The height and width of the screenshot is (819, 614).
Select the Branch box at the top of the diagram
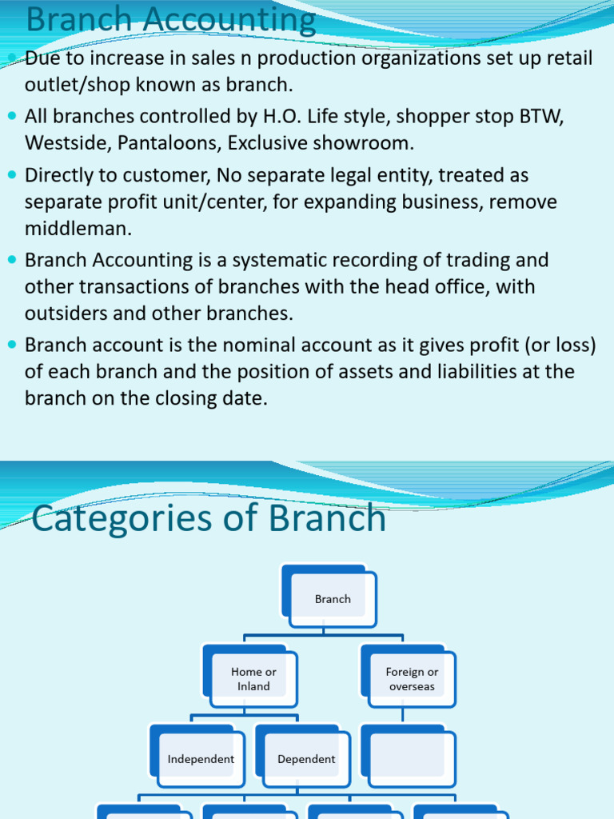coord(333,598)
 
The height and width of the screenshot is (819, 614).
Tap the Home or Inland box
coord(253,679)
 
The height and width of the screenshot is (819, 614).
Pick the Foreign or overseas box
coord(412,679)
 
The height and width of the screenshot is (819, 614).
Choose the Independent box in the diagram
coord(201,759)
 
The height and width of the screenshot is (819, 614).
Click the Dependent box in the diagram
coord(306,759)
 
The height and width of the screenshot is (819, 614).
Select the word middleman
coord(78,229)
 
